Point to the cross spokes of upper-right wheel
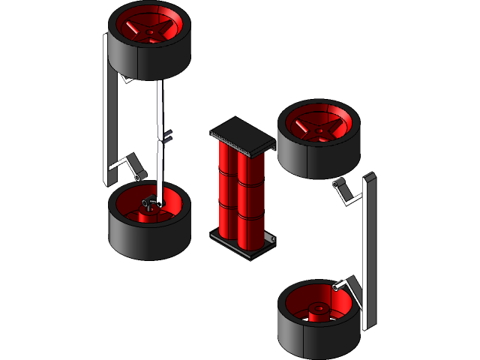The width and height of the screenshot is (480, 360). pyautogui.click(x=319, y=126)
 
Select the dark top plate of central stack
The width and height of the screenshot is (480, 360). pyautogui.click(x=240, y=135)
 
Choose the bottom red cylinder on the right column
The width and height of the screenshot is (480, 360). pyautogui.click(x=251, y=228)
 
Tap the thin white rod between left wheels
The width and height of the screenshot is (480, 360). pyautogui.click(x=160, y=105)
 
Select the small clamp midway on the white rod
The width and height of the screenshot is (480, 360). pyautogui.click(x=167, y=136)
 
